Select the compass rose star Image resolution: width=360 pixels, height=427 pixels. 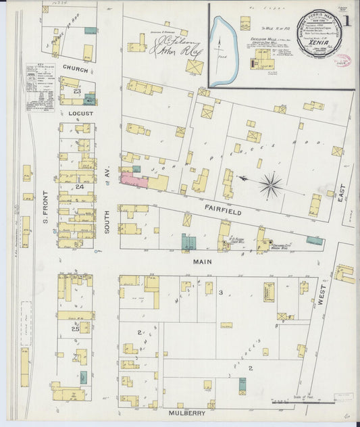(x=272, y=182)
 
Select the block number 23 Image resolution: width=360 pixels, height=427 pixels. (x=78, y=91)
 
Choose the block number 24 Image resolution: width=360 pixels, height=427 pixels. (x=79, y=186)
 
